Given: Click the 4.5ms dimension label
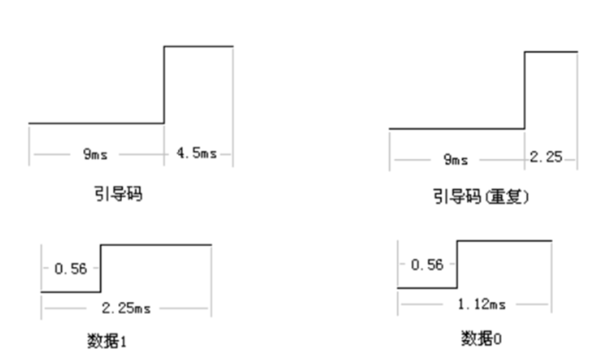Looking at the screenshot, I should point(197,153).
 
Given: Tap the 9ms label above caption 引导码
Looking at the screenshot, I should point(95,154).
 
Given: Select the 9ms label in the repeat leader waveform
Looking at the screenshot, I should point(455,159).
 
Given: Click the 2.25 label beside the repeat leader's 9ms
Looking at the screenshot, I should point(546,157).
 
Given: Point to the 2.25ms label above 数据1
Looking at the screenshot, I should point(126,308).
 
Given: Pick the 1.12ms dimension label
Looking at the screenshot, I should point(481,304).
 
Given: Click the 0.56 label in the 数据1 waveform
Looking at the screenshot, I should point(71,269).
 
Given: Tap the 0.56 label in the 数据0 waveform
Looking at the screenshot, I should point(427,265).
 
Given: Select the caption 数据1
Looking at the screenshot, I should point(106,341).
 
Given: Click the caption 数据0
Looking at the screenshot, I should point(481,339).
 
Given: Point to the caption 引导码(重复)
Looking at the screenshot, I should point(481,197).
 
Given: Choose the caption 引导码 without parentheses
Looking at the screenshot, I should point(118,193).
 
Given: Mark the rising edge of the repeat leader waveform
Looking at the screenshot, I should point(525,90).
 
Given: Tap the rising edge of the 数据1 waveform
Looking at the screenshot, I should point(101,268).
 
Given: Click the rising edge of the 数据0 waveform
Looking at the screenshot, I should point(457,264).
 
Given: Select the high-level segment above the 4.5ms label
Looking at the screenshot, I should point(199,46).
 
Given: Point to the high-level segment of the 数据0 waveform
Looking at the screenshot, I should point(504,241).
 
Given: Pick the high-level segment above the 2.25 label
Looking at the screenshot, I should point(551,51).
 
